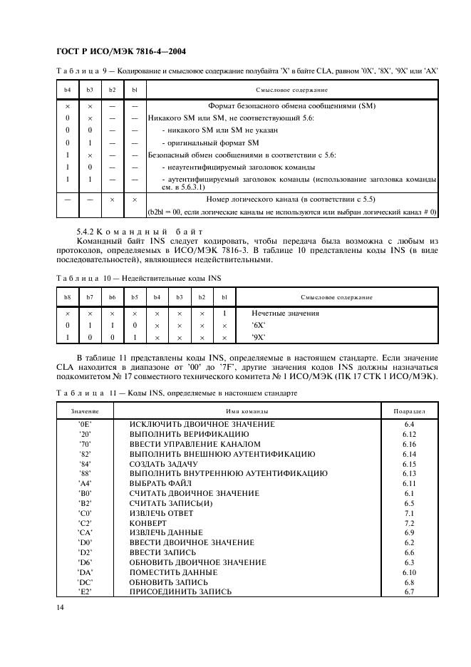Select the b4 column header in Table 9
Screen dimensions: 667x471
(x=67, y=90)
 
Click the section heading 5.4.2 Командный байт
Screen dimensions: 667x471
(x=140, y=232)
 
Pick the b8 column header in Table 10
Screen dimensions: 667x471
(x=67, y=297)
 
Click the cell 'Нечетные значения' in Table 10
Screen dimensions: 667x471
(x=285, y=314)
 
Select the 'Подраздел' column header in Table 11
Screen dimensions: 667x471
(x=409, y=411)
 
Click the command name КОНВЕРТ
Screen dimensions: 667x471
(x=147, y=522)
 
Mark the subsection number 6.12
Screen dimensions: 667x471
(x=409, y=434)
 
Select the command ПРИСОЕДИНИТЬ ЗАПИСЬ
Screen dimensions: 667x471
(x=180, y=591)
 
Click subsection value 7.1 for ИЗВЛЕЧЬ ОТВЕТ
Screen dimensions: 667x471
(x=409, y=512)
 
